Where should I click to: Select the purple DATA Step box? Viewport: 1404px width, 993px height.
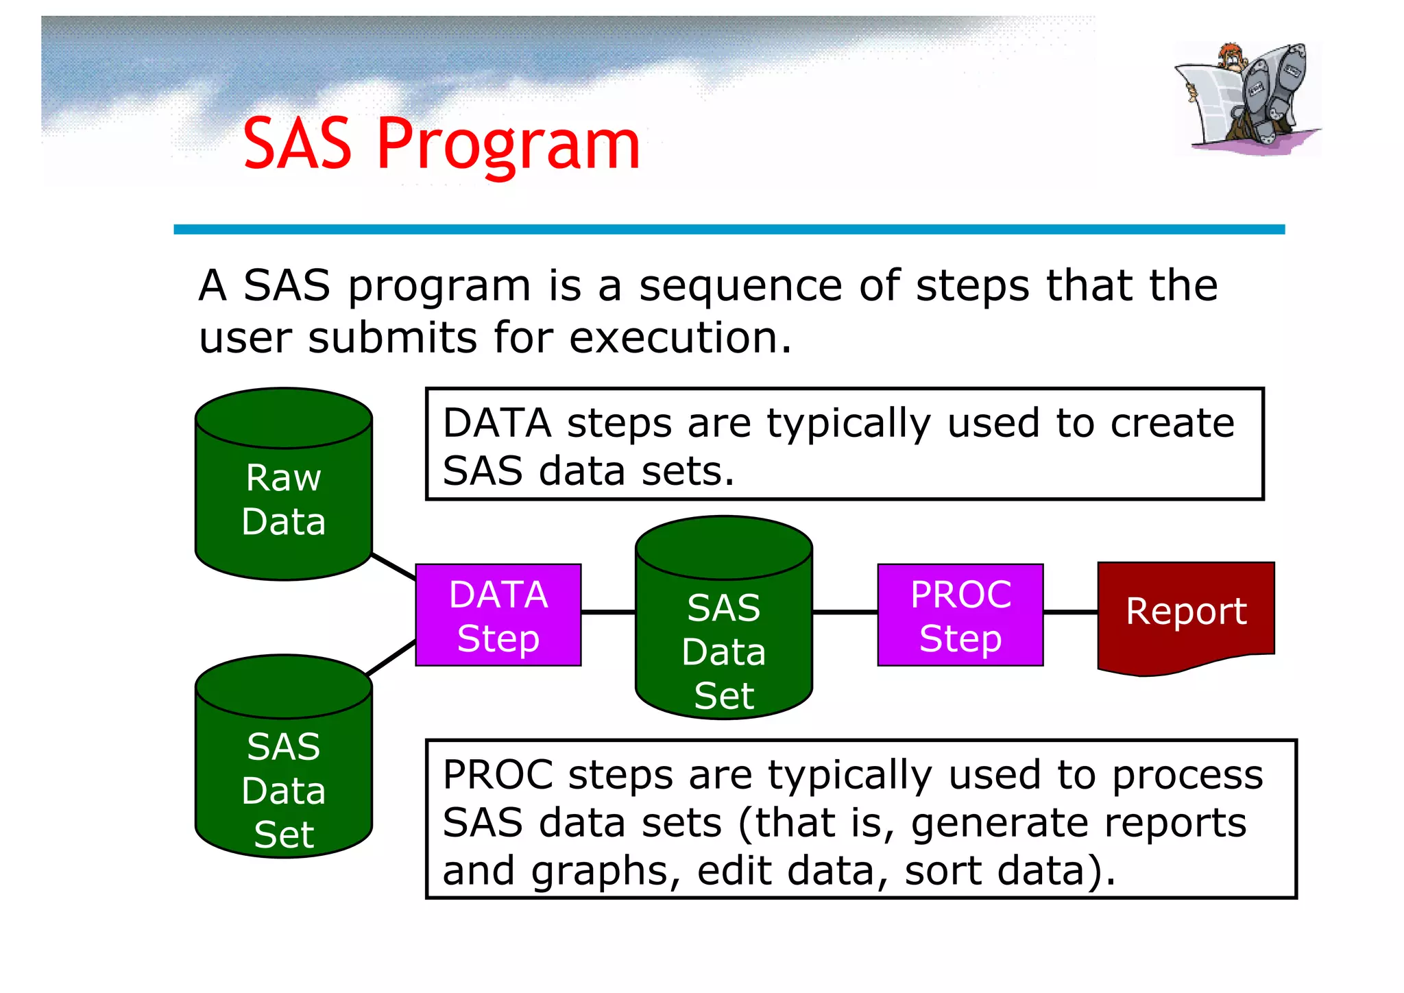tap(498, 615)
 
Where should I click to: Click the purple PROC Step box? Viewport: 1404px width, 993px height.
tap(960, 615)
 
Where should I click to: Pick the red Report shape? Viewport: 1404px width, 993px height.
tap(1186, 612)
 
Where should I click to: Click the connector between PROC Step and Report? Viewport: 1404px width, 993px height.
tap(1070, 612)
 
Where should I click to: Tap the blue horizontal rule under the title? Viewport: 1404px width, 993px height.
tap(729, 230)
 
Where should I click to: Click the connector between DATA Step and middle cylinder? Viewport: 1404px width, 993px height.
tap(608, 612)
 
